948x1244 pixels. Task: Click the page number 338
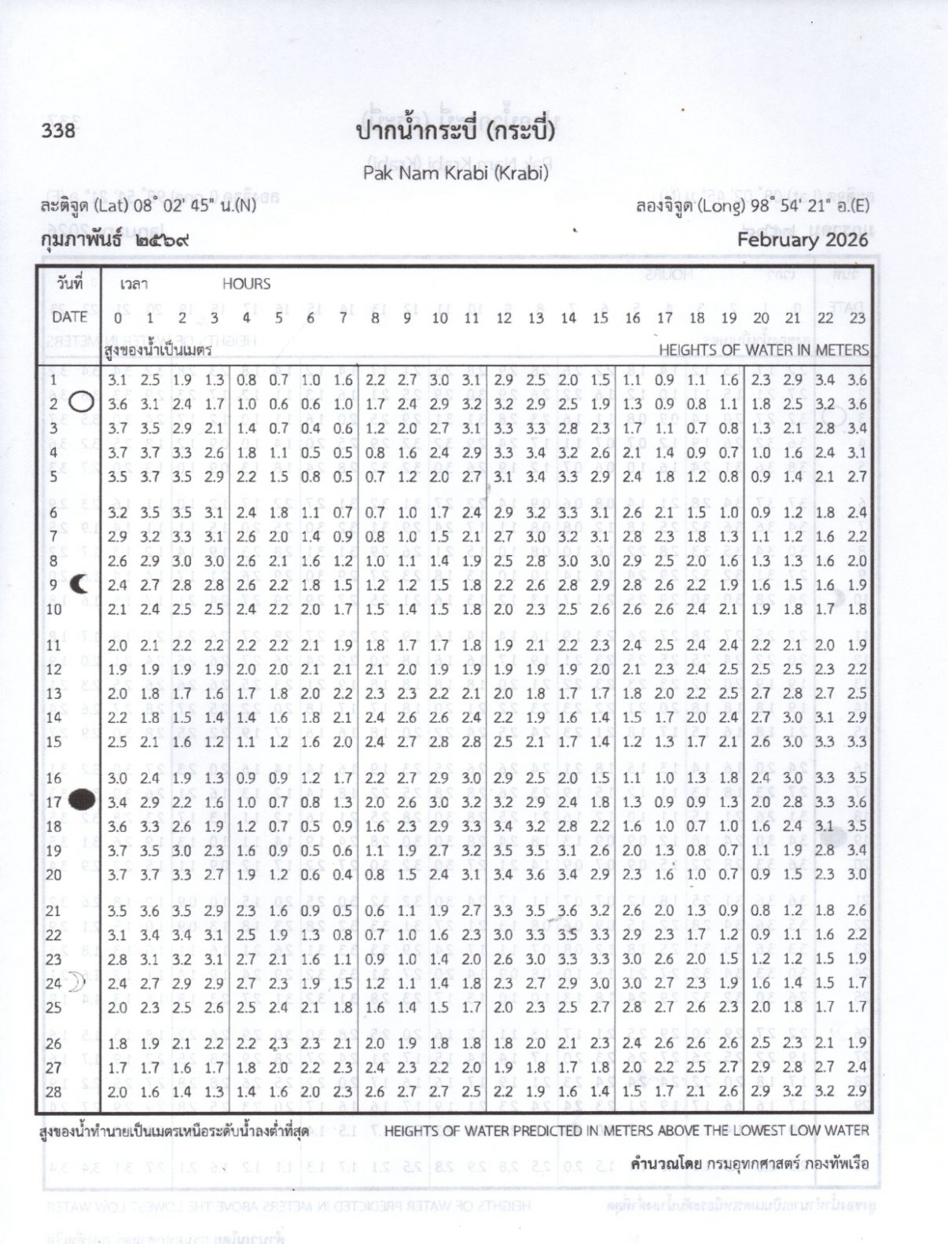(58, 129)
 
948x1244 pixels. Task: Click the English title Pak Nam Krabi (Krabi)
(455, 172)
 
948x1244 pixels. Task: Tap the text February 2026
(802, 239)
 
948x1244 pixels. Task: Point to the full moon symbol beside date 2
(82, 403)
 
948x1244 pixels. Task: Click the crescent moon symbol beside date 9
(79, 584)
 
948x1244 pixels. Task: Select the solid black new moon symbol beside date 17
(82, 801)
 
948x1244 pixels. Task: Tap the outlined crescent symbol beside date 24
(77, 982)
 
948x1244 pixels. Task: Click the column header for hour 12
(503, 318)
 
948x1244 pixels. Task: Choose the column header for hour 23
(857, 318)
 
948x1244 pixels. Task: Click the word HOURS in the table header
(246, 284)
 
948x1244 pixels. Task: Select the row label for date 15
(54, 742)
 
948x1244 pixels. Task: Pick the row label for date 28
(53, 1091)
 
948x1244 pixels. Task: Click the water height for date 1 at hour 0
(117, 381)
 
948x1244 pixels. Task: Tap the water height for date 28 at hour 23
(857, 1091)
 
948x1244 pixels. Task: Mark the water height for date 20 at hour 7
(342, 874)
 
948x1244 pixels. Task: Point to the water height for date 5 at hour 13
(535, 477)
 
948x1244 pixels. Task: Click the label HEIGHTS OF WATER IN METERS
(763, 350)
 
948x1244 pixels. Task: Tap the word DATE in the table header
(69, 317)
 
